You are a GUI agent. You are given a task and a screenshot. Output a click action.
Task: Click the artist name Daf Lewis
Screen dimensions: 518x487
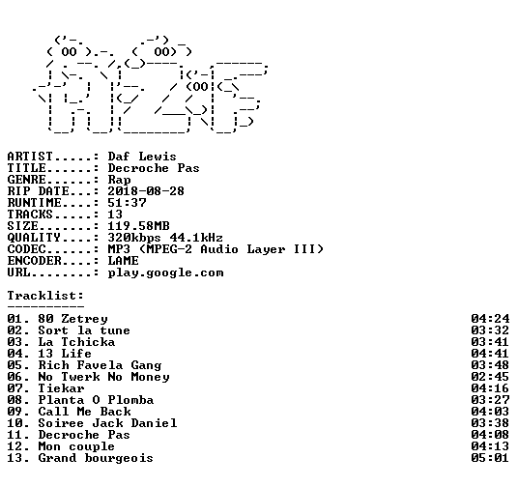coord(142,157)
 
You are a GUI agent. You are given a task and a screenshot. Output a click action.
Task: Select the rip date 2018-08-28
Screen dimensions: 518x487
coord(146,191)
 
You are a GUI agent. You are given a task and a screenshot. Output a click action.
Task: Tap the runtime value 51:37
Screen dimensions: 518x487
coord(127,203)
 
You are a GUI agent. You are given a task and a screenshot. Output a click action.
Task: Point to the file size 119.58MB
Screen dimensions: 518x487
coord(138,226)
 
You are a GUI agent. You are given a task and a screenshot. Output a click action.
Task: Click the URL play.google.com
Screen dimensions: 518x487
coord(165,272)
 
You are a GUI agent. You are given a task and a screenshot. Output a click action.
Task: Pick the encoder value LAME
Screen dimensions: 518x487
coord(123,261)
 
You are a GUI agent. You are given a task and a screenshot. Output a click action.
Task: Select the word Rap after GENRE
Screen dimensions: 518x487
coord(119,180)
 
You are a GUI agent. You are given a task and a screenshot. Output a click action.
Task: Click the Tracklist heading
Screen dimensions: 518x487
coord(45,296)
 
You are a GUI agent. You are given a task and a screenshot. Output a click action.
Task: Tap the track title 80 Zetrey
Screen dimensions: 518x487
coord(72,319)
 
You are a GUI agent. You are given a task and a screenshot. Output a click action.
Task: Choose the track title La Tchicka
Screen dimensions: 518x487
coord(76,342)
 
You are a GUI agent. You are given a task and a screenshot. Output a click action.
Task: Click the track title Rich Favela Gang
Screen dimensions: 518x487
coord(100,365)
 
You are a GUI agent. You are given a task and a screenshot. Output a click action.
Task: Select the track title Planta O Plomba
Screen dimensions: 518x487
coord(96,400)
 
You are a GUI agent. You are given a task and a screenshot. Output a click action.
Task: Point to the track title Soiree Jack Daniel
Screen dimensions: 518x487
coord(107,423)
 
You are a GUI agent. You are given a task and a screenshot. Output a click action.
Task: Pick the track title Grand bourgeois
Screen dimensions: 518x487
coord(96,458)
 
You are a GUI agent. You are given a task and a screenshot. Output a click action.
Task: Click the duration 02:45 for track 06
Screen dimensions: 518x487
coord(490,377)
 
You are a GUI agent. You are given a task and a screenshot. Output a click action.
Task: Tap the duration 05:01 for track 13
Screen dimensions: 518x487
coord(490,458)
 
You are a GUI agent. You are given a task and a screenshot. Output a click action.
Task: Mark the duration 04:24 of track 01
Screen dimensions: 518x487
coord(490,319)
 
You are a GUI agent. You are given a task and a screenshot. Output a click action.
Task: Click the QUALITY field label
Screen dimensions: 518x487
coord(34,238)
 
